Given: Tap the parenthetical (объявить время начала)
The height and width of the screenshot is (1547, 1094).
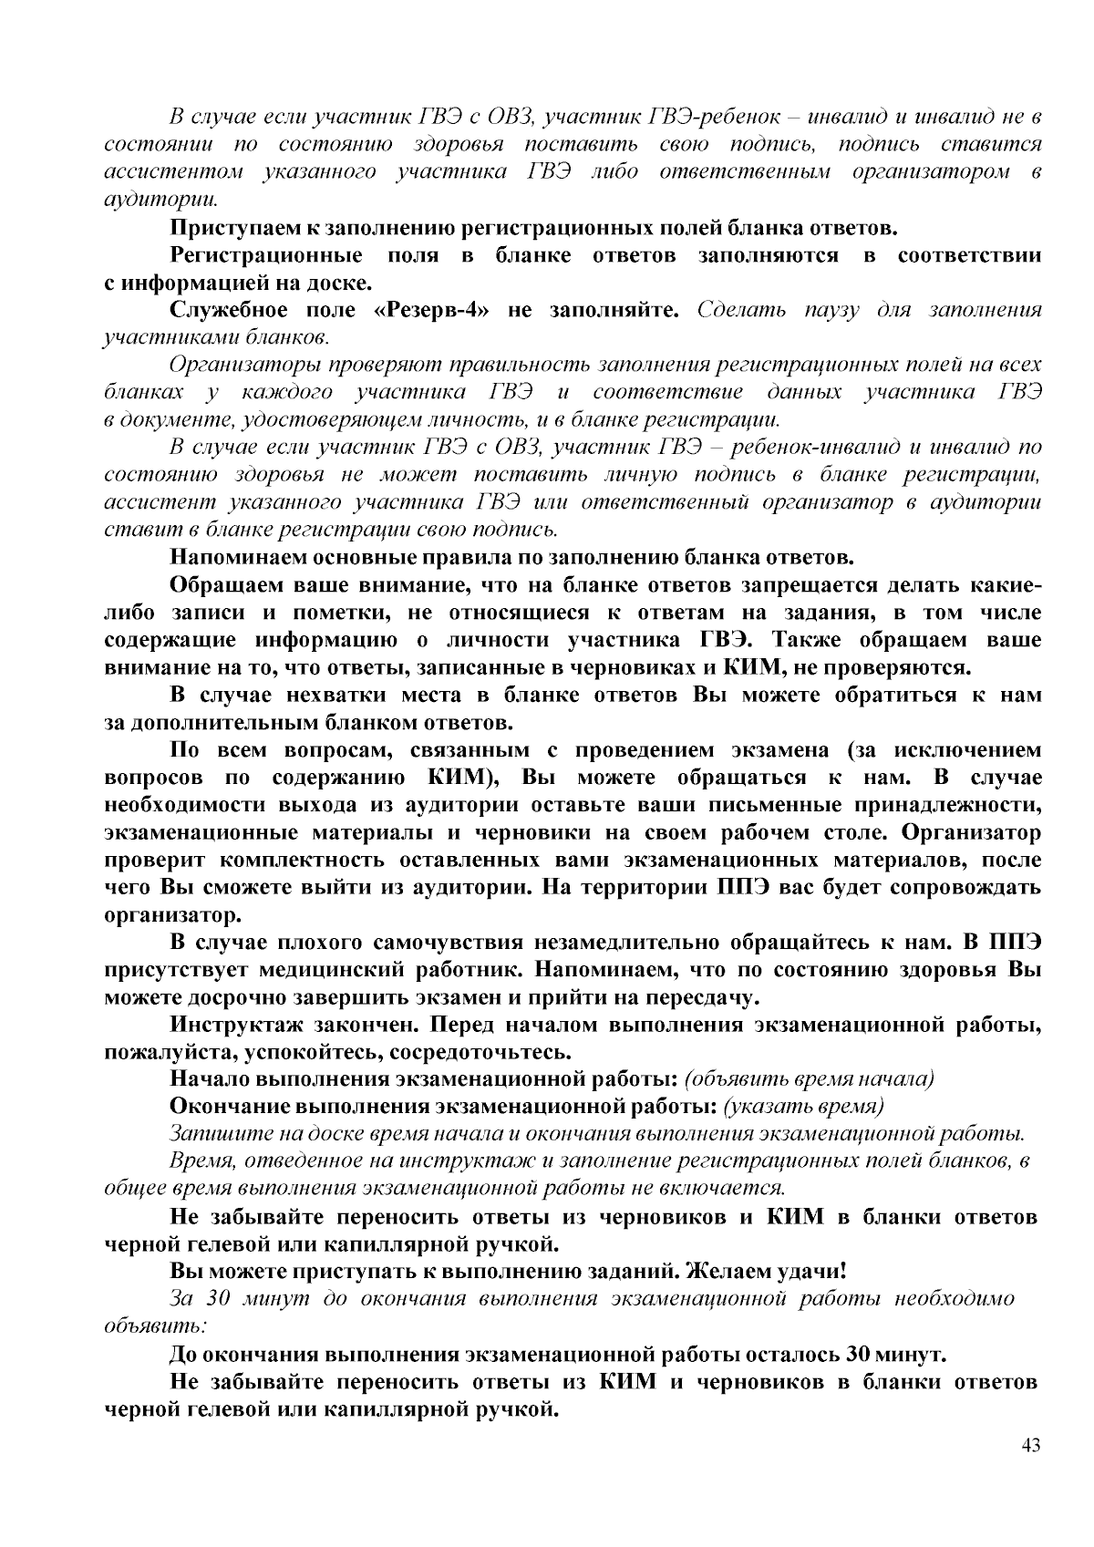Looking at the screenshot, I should coord(809,1079).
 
